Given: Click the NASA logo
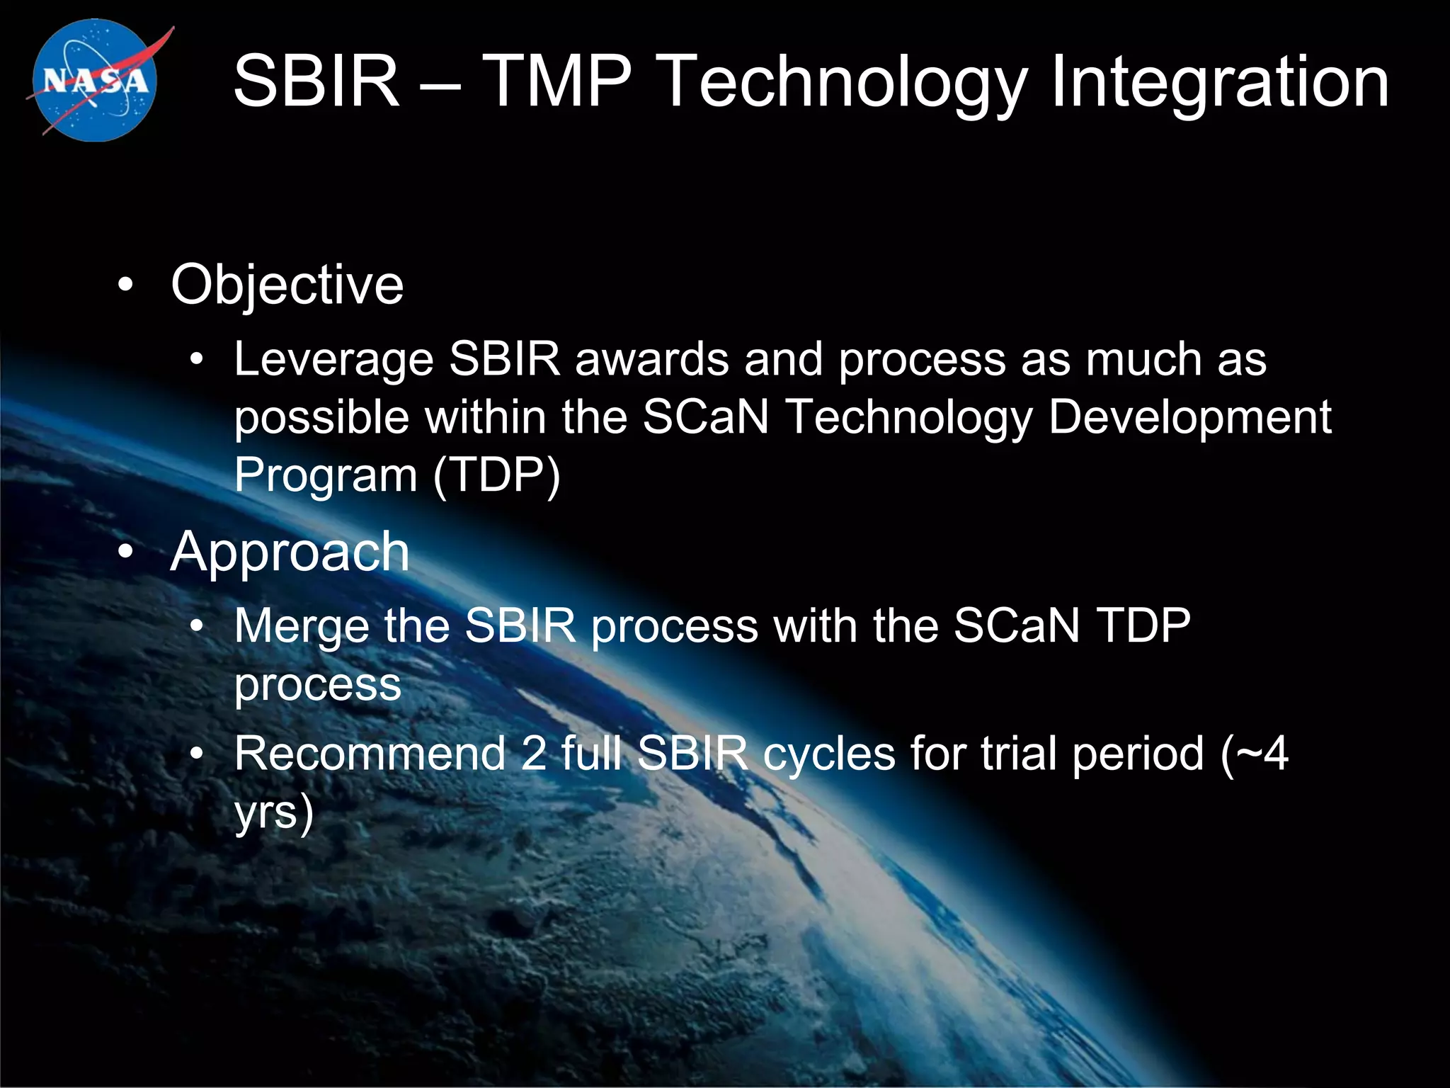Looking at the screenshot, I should click(x=96, y=80).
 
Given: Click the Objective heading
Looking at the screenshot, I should click(x=287, y=285).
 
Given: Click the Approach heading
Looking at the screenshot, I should click(x=290, y=552).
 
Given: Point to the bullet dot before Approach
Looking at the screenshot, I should click(x=125, y=552).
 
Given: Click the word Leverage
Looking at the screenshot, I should click(x=333, y=361).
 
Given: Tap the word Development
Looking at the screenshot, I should click(x=1189, y=417).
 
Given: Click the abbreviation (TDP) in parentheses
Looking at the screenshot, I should click(x=496, y=475).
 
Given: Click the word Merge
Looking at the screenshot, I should click(x=302, y=627).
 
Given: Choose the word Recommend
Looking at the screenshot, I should click(x=369, y=754).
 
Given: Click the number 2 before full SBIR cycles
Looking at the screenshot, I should click(x=533, y=754).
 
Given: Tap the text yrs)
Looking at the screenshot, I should click(x=274, y=812).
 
